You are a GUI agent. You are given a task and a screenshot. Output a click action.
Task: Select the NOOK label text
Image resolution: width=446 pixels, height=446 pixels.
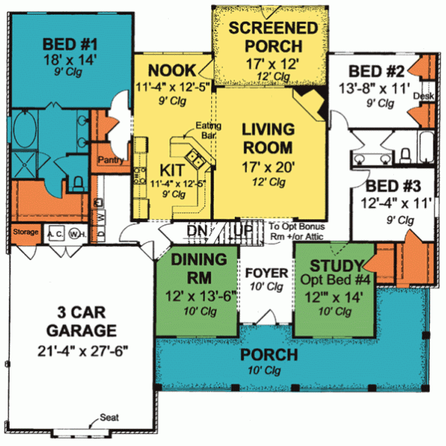tap(172, 71)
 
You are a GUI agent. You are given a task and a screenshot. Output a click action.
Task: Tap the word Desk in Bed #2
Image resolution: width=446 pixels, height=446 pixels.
tap(422, 97)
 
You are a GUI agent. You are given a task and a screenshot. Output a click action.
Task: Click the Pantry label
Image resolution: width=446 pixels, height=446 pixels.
tap(109, 158)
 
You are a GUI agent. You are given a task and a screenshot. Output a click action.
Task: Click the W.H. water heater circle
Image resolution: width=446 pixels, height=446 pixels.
tap(75, 233)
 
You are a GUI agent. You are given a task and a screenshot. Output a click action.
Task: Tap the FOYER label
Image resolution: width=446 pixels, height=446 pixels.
tap(262, 271)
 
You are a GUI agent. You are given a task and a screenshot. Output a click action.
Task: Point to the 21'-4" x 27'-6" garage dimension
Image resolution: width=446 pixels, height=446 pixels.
tap(79, 349)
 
